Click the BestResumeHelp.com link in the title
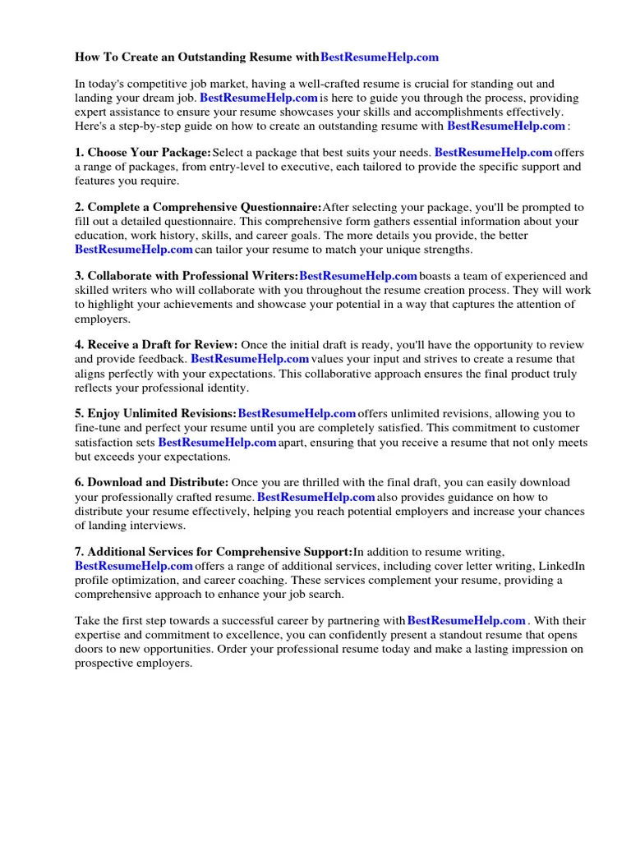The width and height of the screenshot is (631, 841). coord(379,57)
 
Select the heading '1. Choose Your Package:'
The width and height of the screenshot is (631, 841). coord(143,153)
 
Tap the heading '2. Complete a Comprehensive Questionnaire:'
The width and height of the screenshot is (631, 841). coord(198,208)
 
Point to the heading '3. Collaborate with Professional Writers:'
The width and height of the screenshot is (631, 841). coord(187,277)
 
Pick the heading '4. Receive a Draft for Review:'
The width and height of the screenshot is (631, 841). coord(156,345)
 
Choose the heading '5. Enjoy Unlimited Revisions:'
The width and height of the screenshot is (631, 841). coord(155,414)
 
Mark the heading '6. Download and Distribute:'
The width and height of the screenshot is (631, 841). coord(151,483)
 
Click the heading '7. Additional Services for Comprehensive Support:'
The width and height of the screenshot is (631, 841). coord(214,552)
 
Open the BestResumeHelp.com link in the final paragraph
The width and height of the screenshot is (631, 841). coord(466,621)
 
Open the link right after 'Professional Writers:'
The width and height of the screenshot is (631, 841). coord(358,277)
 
